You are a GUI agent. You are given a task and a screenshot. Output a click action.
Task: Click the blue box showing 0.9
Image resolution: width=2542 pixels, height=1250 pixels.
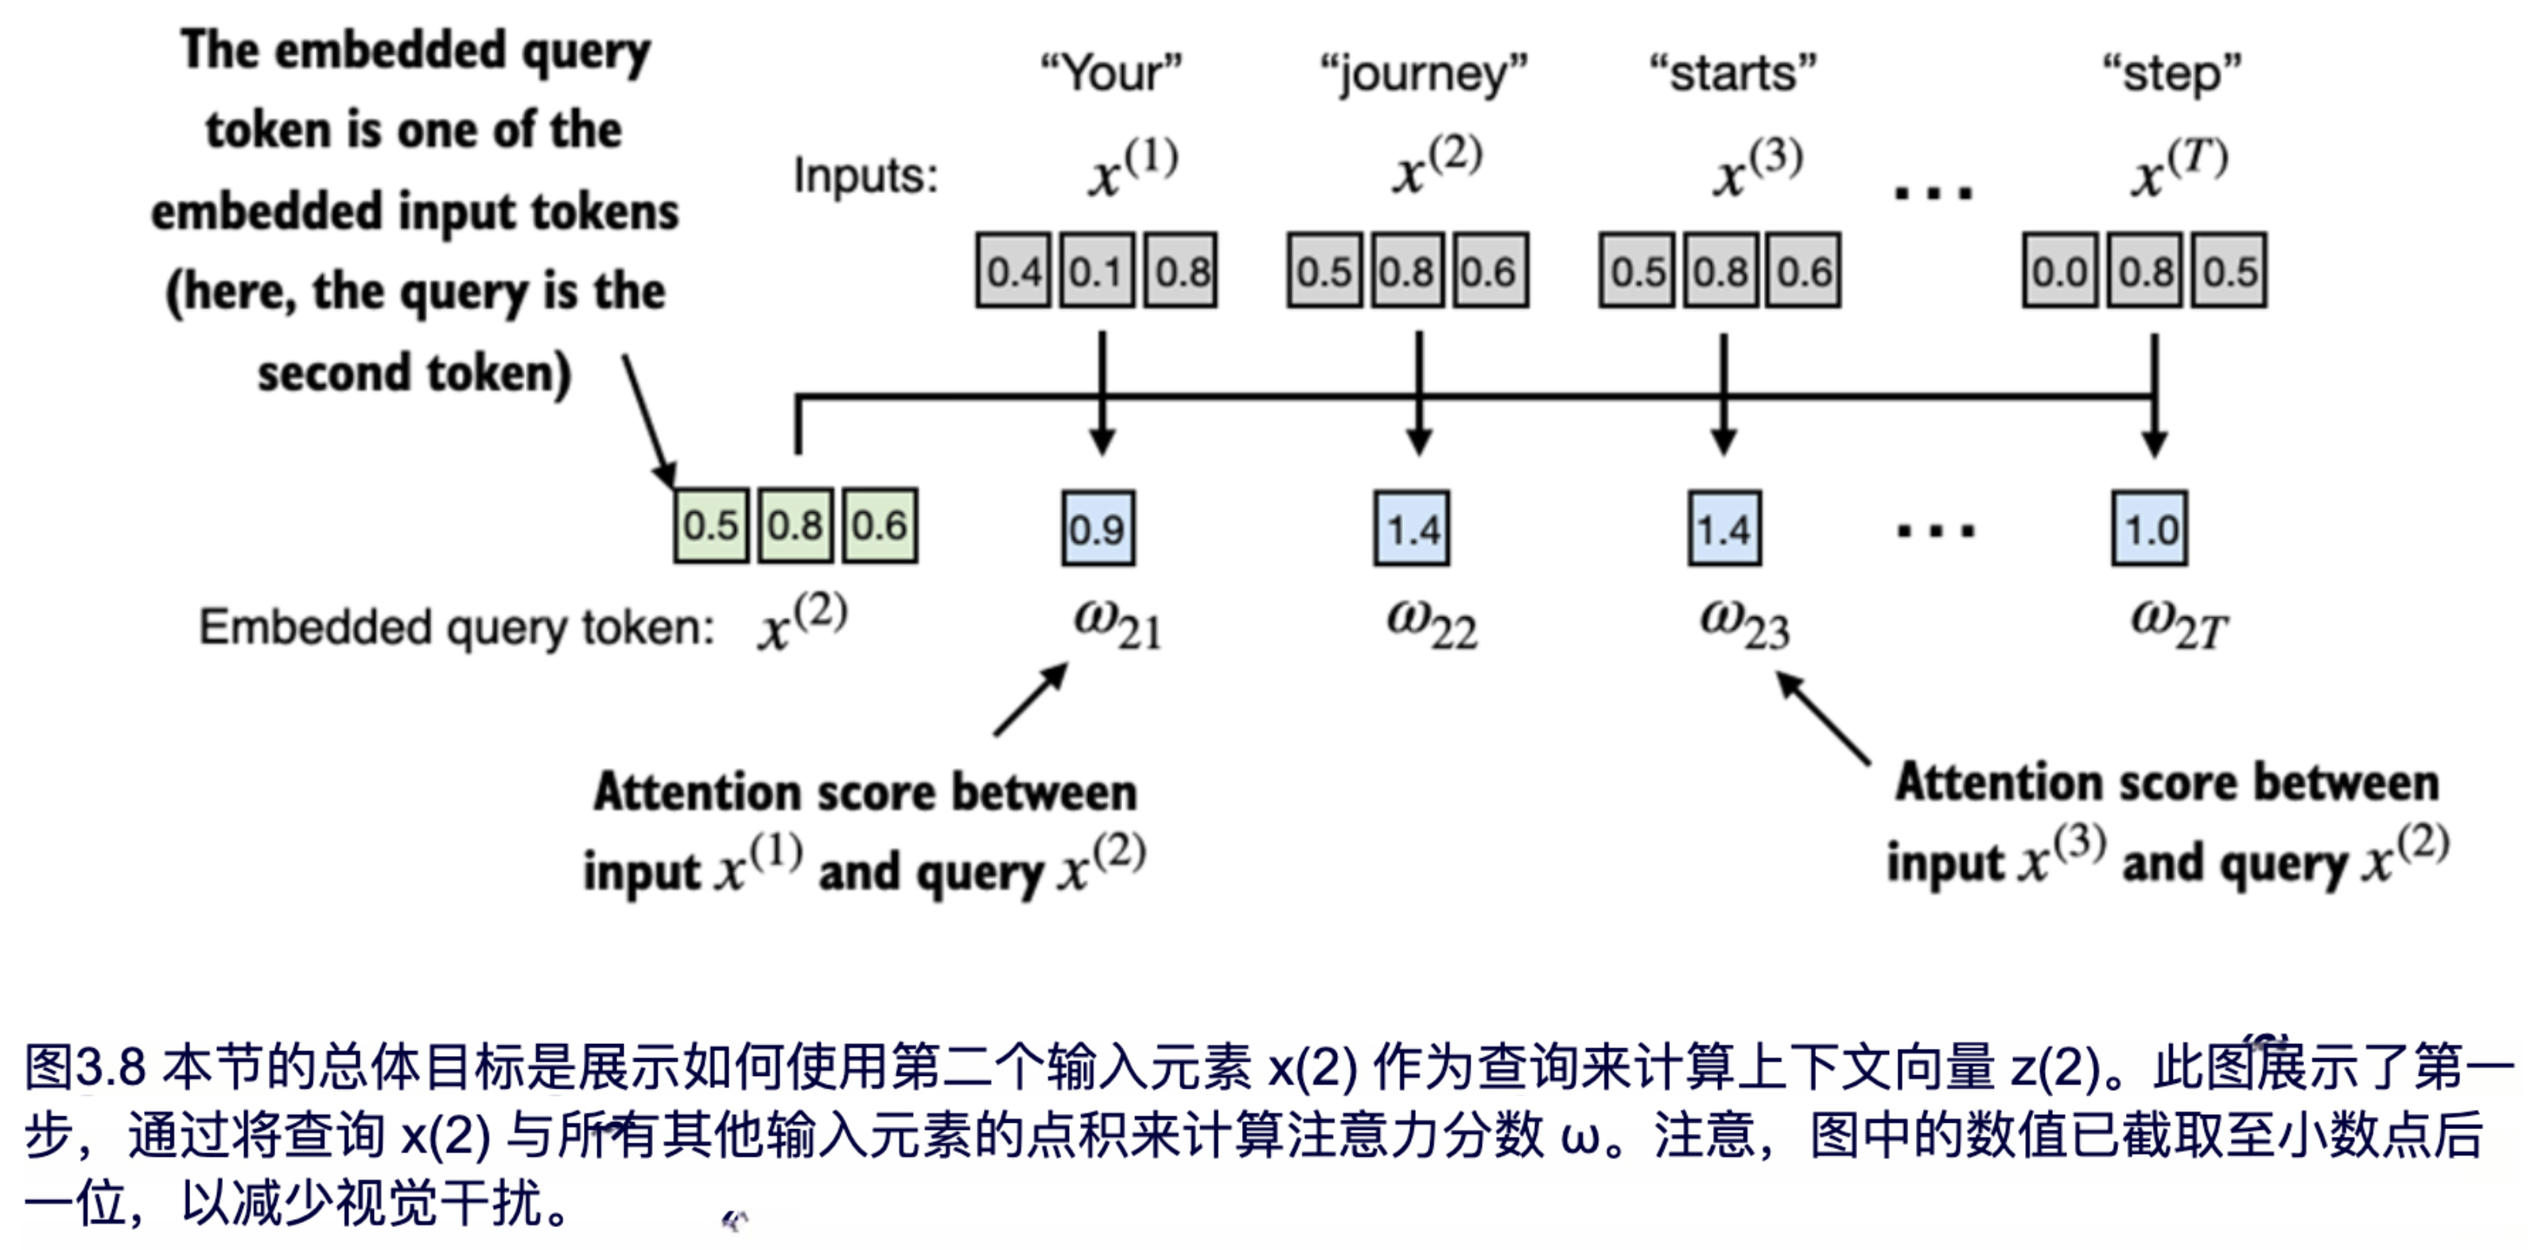coord(1098,529)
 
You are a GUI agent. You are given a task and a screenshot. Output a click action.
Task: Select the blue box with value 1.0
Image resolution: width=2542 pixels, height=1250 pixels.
coord(2149,529)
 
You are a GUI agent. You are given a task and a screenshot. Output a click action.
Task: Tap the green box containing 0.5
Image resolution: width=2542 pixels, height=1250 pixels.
coord(710,525)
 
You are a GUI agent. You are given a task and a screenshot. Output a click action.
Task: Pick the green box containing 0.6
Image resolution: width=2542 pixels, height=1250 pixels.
coord(879,525)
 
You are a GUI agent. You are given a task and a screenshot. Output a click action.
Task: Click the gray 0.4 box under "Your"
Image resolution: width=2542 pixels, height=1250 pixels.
coord(1013,270)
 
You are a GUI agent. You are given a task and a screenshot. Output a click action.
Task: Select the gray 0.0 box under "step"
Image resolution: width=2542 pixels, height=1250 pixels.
coord(2059,270)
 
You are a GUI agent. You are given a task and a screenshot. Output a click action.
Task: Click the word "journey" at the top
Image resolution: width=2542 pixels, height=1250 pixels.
coord(1424,74)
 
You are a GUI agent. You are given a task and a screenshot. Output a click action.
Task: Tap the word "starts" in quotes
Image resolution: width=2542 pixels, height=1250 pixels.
coord(1733,72)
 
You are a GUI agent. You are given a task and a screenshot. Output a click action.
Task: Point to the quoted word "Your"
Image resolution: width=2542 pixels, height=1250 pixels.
coord(1111,72)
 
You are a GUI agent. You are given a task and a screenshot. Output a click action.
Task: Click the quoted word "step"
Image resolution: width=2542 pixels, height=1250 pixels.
coord(2172,74)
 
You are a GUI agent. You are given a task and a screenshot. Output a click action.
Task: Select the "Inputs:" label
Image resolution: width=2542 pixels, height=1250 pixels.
coord(865,177)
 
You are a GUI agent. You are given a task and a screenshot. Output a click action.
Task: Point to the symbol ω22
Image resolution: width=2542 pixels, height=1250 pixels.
coord(1431,624)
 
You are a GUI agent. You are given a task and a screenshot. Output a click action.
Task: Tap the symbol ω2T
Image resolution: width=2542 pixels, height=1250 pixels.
coord(2178,624)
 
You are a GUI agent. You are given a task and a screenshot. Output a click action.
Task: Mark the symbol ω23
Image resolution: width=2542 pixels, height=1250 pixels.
coord(1743,624)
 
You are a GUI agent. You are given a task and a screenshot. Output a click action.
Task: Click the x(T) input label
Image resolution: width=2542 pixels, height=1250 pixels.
coord(2178,168)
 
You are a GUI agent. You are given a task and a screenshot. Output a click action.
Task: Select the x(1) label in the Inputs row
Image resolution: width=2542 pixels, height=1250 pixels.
coord(1133,168)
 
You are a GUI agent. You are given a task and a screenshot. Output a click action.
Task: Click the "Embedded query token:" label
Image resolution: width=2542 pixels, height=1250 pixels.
coord(457,627)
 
